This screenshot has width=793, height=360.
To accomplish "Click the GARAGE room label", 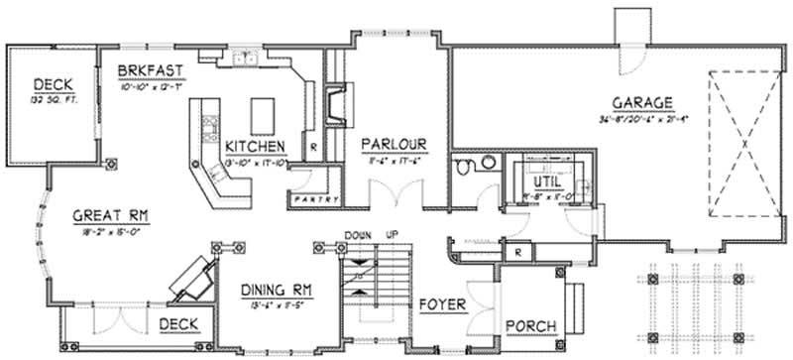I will point(642,102).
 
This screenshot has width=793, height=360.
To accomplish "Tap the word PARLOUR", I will point(394,141).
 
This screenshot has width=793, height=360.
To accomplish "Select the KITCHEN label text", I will point(255,145).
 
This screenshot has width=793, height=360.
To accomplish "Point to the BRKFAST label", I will point(148,71).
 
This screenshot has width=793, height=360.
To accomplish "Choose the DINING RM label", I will point(277,290).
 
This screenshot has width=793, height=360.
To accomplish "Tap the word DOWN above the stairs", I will point(357,235).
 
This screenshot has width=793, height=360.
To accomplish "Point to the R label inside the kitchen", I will point(313,147).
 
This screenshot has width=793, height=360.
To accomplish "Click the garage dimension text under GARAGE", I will point(642,120).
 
